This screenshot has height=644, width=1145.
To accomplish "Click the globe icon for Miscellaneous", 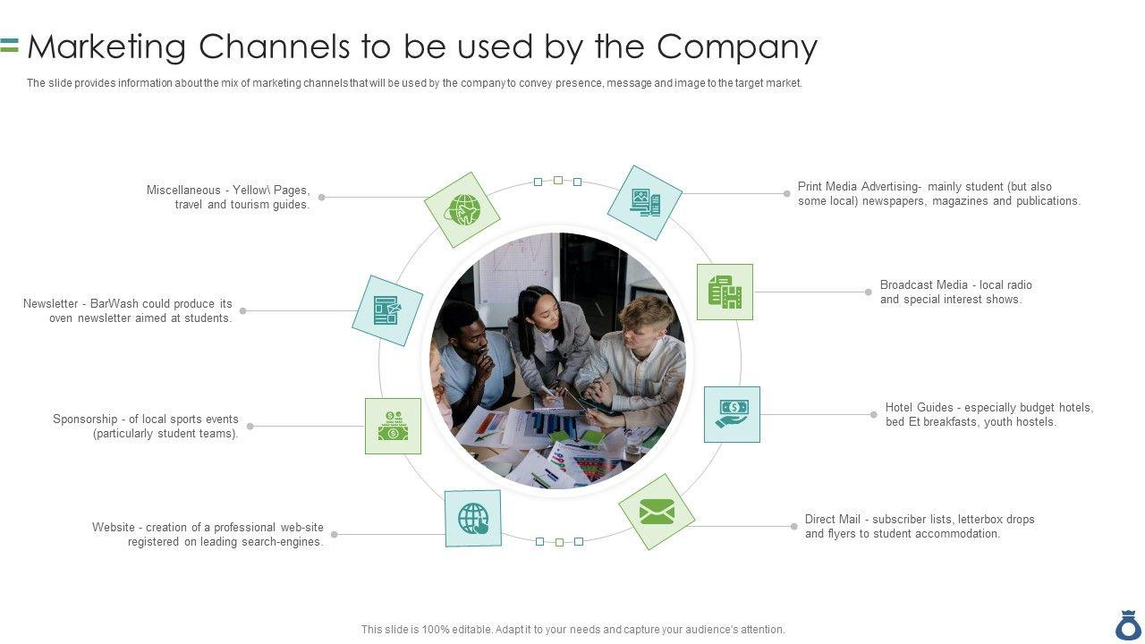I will (462, 210).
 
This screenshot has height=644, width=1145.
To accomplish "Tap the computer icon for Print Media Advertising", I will (645, 202).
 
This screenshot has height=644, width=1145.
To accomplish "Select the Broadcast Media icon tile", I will (725, 292).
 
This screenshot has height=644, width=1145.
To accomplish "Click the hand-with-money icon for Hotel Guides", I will (732, 414).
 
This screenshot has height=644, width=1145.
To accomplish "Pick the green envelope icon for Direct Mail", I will (657, 512).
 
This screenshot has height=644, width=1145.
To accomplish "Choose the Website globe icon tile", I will (473, 518).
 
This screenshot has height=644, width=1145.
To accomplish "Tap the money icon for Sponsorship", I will (393, 426).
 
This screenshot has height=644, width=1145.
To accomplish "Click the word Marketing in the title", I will (106, 47).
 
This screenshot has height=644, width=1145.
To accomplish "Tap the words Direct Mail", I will (832, 519).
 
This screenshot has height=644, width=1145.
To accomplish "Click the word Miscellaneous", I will (183, 190).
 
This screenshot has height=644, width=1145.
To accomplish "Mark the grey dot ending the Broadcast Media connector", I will (868, 292).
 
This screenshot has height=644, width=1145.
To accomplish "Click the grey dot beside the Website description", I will (334, 534).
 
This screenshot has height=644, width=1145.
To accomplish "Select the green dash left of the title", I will (10, 51).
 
